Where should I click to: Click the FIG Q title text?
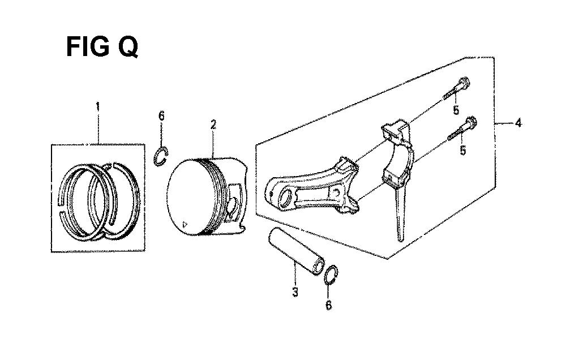102,47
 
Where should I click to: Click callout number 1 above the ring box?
97,106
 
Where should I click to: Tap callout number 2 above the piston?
213,125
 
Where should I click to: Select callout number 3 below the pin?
295,292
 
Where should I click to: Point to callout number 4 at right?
518,123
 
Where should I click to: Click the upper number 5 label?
457,110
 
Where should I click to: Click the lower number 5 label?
463,150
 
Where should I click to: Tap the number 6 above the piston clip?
161,116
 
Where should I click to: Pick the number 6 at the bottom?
328,306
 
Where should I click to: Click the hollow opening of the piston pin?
318,266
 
